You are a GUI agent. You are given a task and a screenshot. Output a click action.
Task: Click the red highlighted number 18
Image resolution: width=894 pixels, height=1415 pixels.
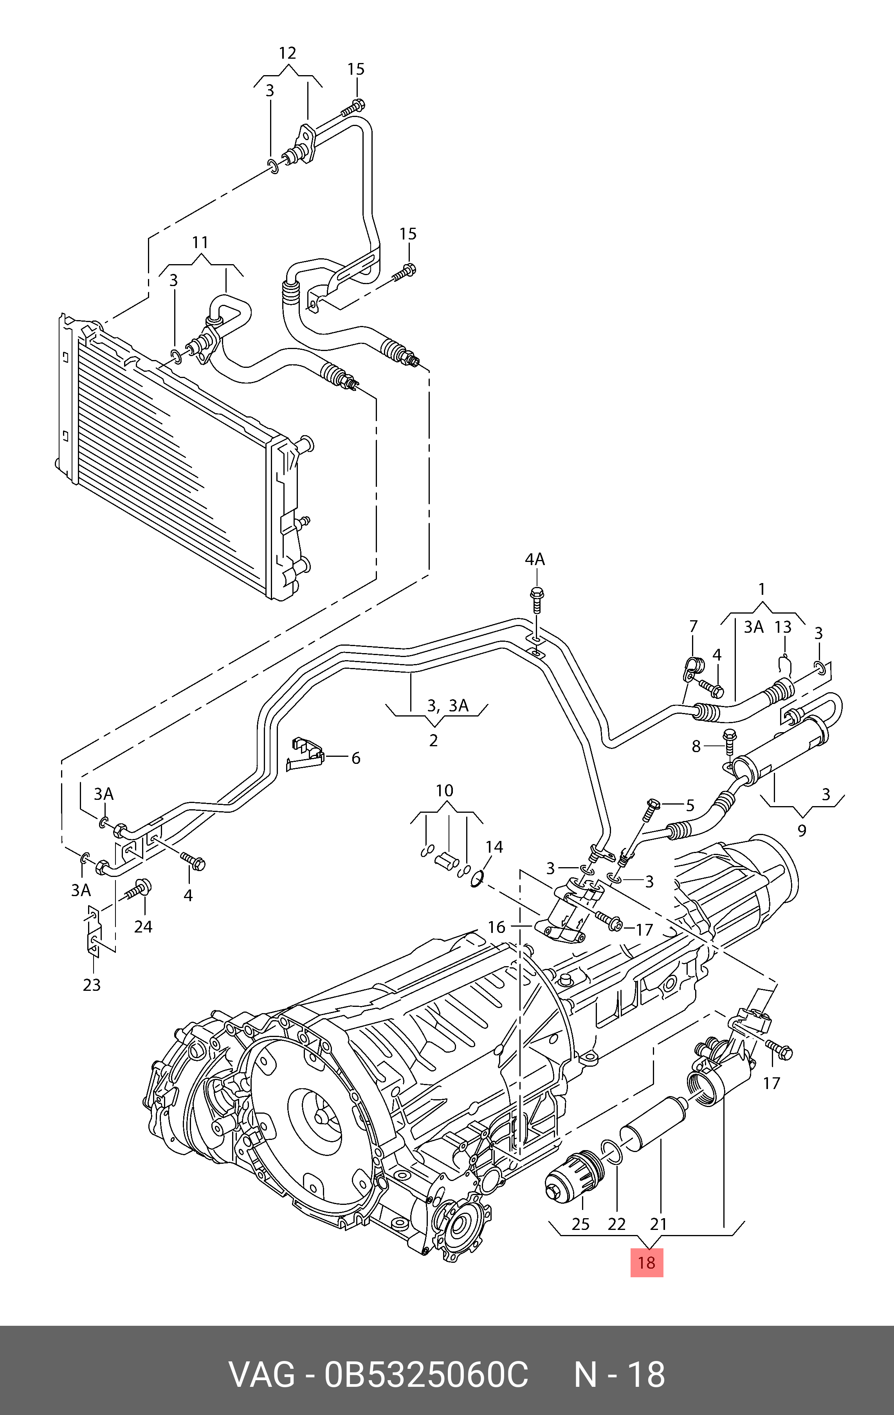(x=647, y=1263)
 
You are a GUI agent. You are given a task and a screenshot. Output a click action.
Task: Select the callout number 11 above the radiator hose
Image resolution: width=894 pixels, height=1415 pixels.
(x=200, y=242)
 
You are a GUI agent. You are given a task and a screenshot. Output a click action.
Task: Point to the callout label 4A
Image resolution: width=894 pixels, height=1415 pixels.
(x=534, y=560)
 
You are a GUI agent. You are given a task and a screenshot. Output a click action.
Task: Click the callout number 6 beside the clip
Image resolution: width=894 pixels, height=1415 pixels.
(x=355, y=758)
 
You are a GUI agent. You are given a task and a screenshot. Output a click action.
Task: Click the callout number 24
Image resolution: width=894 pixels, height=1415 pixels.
(x=143, y=927)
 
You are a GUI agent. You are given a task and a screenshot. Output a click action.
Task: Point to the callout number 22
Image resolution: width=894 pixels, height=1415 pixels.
(x=616, y=1224)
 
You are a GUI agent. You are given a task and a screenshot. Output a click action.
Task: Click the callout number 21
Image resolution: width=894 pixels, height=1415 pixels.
(x=658, y=1224)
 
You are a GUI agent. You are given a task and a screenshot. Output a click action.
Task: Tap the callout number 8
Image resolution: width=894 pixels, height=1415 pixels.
(x=696, y=746)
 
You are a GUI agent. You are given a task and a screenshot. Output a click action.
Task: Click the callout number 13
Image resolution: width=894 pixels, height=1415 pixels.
(x=783, y=627)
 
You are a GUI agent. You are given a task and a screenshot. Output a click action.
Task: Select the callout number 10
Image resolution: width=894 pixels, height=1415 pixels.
(x=444, y=790)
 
